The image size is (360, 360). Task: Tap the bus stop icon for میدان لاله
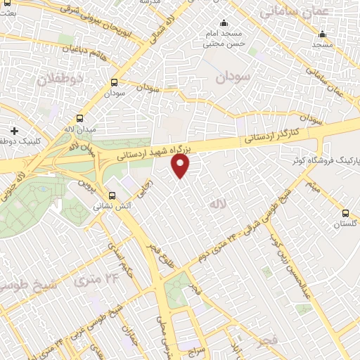point(79,119)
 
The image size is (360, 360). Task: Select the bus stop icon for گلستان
point(345,212)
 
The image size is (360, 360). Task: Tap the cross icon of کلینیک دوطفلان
point(15,131)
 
